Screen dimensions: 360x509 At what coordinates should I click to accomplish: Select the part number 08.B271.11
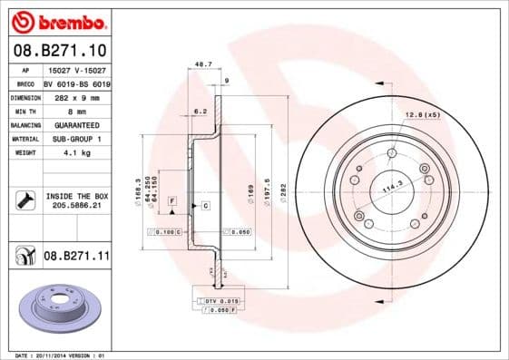[x=76, y=258]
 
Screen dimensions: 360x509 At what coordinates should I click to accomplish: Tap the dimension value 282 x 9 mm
[x=71, y=96]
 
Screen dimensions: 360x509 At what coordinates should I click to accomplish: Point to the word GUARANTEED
[x=71, y=124]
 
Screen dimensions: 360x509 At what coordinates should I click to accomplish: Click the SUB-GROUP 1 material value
[x=71, y=139]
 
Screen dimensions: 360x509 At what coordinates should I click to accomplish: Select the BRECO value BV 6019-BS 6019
[x=76, y=83]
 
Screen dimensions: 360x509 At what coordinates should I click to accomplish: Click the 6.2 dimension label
[x=201, y=112]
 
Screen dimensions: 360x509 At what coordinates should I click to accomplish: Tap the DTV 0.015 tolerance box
[x=221, y=300]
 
